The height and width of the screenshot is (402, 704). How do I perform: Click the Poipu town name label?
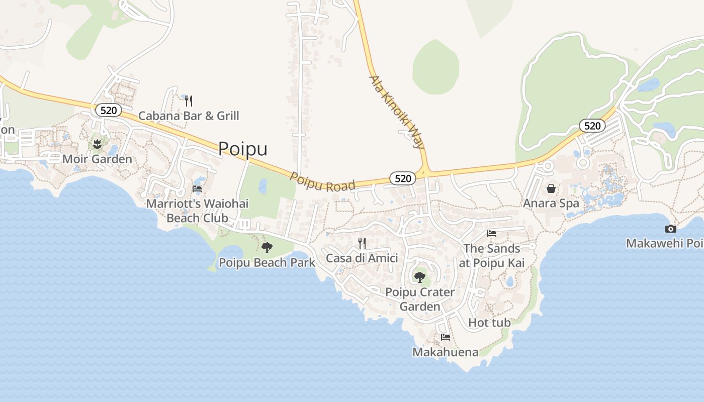tap(243, 149)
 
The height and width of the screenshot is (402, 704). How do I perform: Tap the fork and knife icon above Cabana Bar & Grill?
tap(189, 101)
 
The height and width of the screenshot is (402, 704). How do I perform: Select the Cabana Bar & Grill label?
tap(189, 116)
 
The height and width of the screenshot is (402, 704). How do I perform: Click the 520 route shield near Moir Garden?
tap(109, 110)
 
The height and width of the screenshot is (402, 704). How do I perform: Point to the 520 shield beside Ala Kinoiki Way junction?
tap(403, 178)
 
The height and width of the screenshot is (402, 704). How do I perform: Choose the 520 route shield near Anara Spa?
tap(592, 126)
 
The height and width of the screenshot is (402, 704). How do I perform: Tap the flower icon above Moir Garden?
tap(97, 145)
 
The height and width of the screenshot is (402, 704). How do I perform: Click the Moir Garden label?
tap(98, 159)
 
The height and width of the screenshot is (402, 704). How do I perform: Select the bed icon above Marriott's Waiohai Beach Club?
tap(197, 189)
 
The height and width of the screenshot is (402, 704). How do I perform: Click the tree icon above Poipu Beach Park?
tap(267, 247)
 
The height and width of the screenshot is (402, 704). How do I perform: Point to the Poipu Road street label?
tap(322, 182)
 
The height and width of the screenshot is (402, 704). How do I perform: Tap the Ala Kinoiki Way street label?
tap(397, 112)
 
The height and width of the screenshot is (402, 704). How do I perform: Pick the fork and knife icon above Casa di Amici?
tap(362, 243)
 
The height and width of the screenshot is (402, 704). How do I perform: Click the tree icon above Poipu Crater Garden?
tap(419, 276)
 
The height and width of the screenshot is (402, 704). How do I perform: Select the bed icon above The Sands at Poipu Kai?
tap(492, 234)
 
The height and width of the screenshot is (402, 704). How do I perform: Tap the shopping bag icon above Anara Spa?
tap(551, 188)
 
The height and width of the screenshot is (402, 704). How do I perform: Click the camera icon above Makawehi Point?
tap(670, 229)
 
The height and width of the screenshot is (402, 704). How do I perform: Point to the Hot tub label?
tap(489, 323)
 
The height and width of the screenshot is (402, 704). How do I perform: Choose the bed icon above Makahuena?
tap(445, 337)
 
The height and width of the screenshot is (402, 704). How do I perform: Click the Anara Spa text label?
tap(551, 204)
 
